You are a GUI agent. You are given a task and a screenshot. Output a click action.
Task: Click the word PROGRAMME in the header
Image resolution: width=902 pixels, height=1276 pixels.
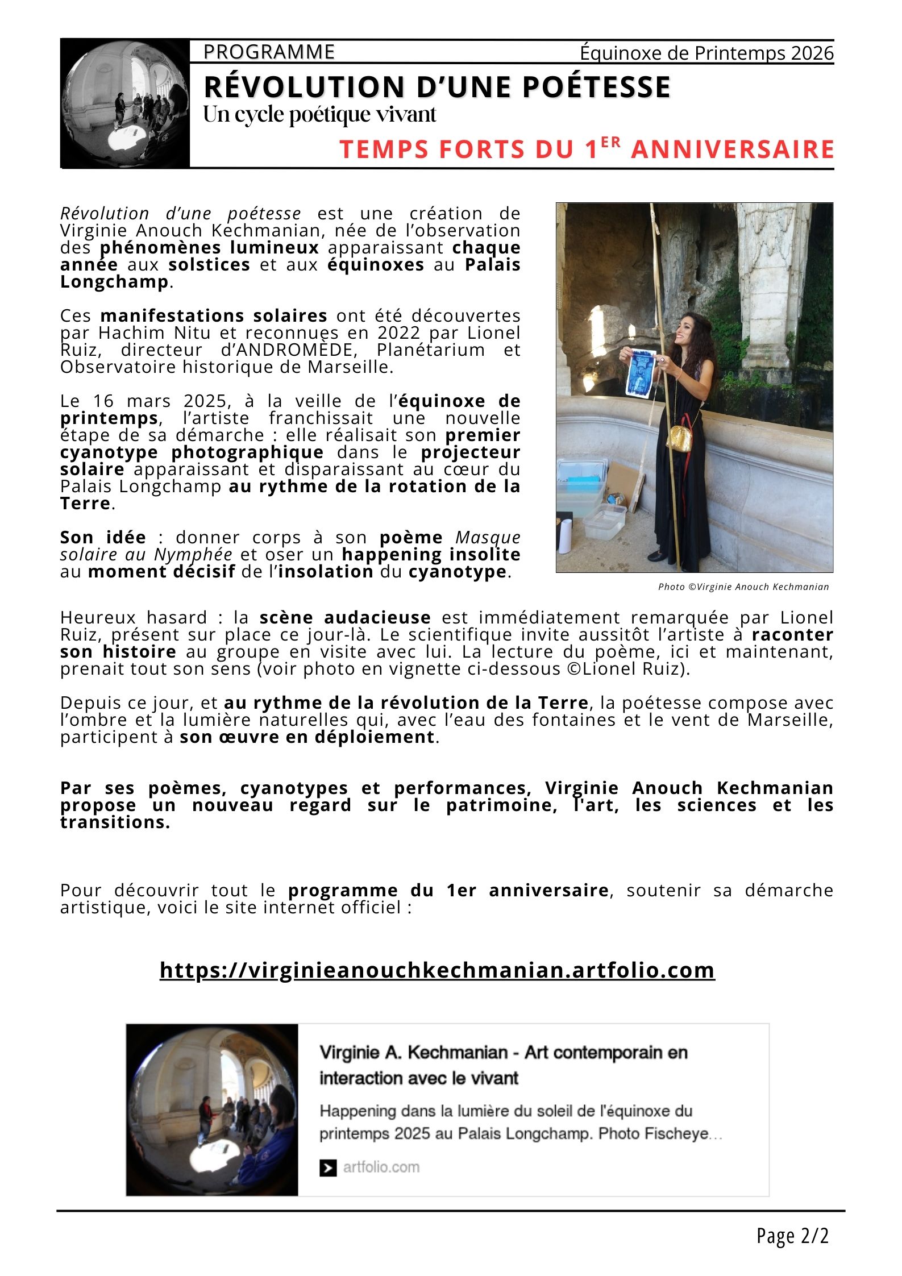(x=269, y=52)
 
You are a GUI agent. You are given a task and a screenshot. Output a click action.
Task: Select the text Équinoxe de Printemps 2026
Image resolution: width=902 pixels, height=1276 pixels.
(x=706, y=53)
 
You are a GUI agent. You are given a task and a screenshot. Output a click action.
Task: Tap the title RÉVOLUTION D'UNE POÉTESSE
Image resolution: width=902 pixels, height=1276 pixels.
(x=437, y=87)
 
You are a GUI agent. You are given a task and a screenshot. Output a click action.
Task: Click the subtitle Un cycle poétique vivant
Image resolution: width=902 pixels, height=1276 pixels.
(x=320, y=115)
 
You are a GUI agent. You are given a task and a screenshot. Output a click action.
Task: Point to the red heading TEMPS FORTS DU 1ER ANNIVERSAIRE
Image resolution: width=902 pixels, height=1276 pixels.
(x=587, y=149)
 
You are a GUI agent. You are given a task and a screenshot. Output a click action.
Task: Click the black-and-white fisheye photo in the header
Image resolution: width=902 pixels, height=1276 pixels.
(x=125, y=103)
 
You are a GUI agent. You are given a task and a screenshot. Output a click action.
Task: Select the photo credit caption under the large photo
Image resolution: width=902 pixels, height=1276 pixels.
(x=743, y=587)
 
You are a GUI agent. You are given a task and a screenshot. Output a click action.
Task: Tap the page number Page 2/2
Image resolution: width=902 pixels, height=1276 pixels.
(x=792, y=1236)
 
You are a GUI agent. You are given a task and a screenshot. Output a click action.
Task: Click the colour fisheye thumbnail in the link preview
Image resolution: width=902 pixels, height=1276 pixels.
(x=212, y=1110)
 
